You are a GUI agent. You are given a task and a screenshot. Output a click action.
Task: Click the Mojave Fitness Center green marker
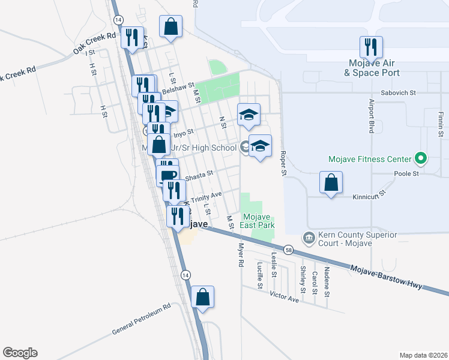(x=421, y=159)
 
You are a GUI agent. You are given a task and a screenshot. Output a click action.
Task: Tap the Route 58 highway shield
(x=289, y=250)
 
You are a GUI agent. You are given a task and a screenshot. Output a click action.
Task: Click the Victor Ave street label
(x=284, y=296)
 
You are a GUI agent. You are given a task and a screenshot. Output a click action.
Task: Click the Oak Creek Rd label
(x=94, y=44)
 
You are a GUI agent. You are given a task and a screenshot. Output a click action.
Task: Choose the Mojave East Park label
(x=259, y=221)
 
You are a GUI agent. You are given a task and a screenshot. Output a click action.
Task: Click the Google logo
(x=20, y=353)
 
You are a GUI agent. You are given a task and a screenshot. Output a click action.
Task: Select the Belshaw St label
(x=179, y=89)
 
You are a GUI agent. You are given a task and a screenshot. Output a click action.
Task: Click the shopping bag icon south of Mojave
(x=203, y=296)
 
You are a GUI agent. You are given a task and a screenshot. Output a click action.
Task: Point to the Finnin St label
(x=440, y=124)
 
